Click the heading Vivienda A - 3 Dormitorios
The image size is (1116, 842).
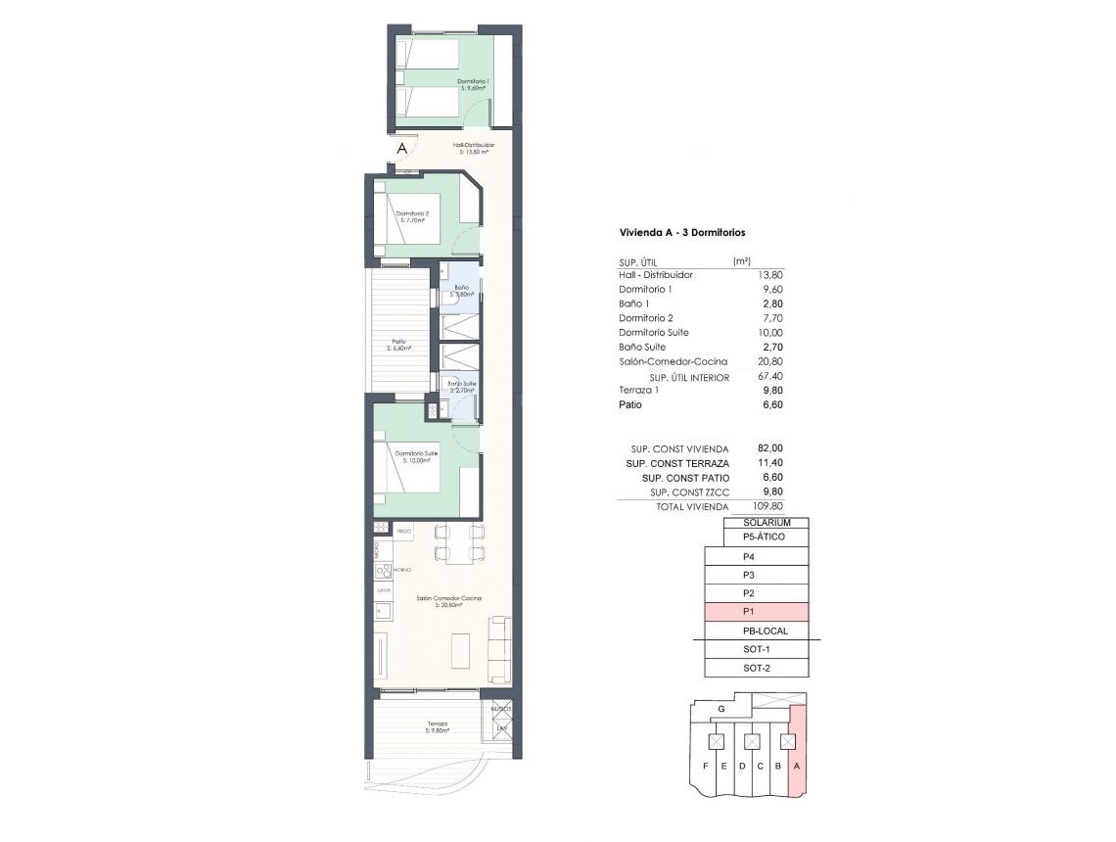682,233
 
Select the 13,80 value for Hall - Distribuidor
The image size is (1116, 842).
770,275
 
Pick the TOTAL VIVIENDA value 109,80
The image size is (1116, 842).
767,507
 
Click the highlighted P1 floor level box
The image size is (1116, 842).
757,612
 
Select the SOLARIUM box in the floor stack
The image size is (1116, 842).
767,523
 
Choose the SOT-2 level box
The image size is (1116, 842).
757,668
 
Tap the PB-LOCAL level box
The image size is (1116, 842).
757,631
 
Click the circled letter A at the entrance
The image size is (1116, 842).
401,149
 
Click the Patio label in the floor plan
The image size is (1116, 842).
398,344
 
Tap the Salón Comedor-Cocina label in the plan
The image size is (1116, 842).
448,600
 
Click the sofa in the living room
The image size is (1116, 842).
500,649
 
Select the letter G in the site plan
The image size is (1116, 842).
721,708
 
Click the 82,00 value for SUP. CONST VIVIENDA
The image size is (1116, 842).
770,448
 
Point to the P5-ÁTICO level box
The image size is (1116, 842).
764,538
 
